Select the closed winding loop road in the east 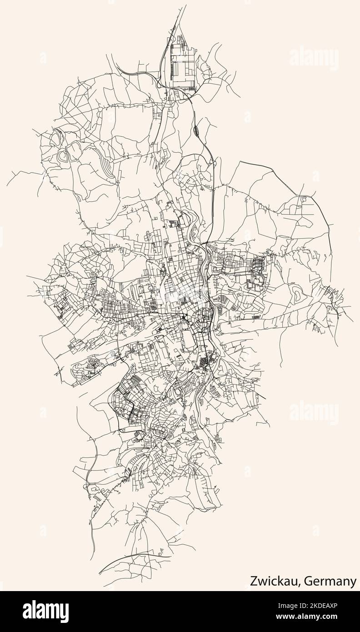(299, 295)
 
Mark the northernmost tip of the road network (186, 6)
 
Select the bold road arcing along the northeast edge (295, 186)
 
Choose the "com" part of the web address (340, 618)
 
